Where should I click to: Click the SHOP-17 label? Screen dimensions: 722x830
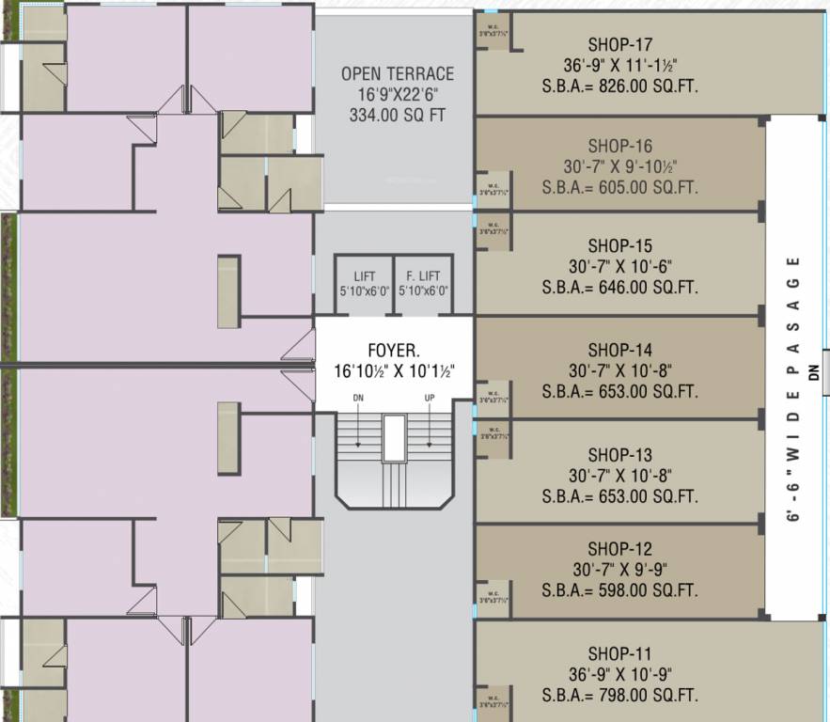click(x=619, y=44)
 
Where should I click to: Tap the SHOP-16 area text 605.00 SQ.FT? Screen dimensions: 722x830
click(x=619, y=187)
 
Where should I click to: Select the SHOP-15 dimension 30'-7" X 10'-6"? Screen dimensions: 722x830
click(x=619, y=266)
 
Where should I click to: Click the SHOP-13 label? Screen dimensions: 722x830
click(x=619, y=454)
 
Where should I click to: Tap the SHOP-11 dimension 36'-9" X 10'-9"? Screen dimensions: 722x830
click(x=619, y=674)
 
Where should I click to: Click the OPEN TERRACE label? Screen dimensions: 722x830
click(x=397, y=73)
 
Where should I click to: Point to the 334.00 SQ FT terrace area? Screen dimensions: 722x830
click(x=397, y=116)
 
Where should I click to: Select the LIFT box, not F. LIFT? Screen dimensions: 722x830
click(x=365, y=282)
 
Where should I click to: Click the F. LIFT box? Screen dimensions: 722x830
click(x=423, y=282)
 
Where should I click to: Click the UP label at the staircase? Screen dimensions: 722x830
click(x=430, y=398)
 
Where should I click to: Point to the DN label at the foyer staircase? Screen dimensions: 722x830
click(x=358, y=398)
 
